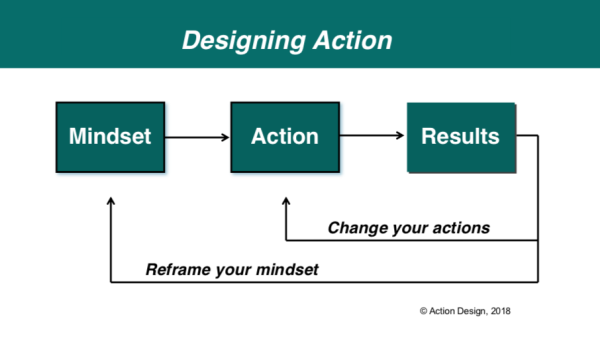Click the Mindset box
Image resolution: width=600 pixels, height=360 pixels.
[109, 137]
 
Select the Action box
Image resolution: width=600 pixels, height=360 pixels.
[283, 137]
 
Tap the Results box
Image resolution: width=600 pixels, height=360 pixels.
[460, 137]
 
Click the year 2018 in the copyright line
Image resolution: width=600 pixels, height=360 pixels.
[497, 311]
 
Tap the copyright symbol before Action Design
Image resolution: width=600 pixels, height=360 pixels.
[424, 311]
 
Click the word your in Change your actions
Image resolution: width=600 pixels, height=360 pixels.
[407, 228]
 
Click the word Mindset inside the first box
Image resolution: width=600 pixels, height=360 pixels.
[109, 137]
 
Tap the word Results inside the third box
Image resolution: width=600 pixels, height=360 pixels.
[460, 136]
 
